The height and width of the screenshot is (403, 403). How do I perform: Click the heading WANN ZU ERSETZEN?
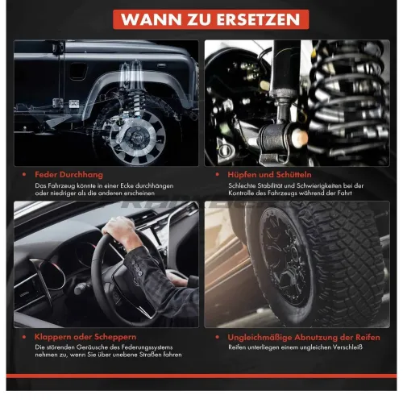(201, 19)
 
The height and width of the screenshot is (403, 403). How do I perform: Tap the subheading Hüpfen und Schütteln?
(261, 173)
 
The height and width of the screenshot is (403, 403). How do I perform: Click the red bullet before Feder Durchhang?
(26, 173)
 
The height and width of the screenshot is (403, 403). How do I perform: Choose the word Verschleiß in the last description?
(348, 347)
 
